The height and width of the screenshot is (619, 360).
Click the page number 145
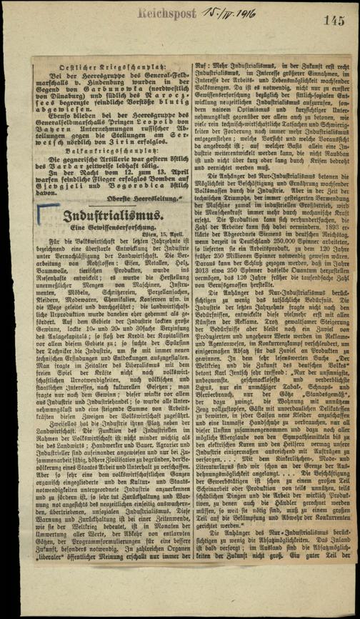[x=334, y=21]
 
